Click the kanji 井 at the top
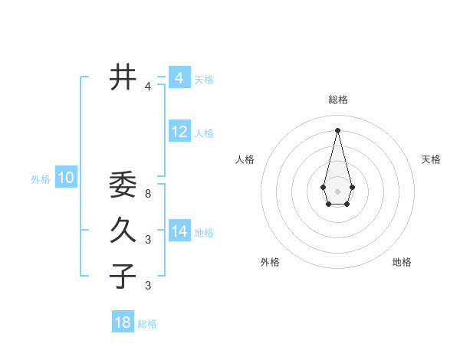123,77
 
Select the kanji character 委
123,185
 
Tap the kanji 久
123,231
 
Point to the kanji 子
123,277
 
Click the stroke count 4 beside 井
148,87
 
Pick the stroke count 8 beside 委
148,194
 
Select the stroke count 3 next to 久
148,240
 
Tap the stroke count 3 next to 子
148,286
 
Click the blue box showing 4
179,78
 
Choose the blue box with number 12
179,132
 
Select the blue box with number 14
179,231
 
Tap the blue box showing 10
66,178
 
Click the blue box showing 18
123,322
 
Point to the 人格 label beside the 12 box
204,133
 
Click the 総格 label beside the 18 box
147,324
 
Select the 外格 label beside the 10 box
41,179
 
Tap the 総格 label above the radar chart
338,100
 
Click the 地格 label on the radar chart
402,262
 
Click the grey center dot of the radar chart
338,191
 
